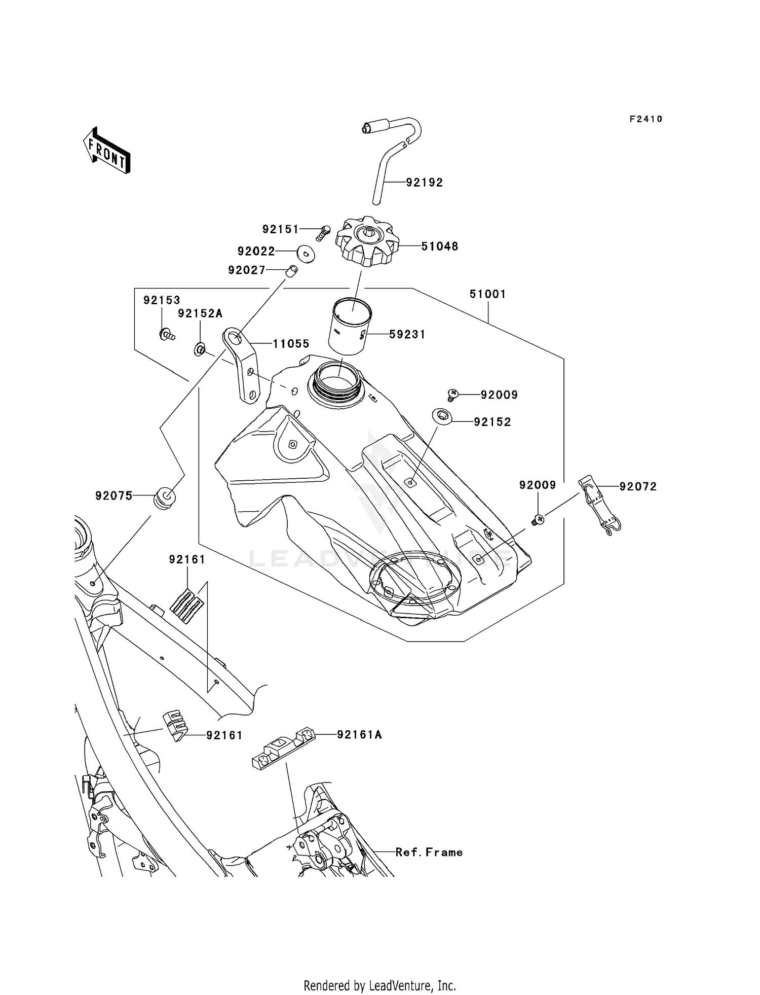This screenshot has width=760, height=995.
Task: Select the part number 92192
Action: point(424,183)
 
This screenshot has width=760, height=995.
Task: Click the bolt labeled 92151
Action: point(322,233)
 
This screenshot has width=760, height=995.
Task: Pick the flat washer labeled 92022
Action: point(306,253)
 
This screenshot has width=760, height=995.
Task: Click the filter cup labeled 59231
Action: point(349,327)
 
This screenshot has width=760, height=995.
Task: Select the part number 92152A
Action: point(200,314)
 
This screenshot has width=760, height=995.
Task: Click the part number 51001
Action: point(487,294)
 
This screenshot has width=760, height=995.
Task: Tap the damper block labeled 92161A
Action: point(283,750)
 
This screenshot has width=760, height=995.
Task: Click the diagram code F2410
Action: point(646,119)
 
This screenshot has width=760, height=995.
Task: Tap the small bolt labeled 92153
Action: point(166,334)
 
